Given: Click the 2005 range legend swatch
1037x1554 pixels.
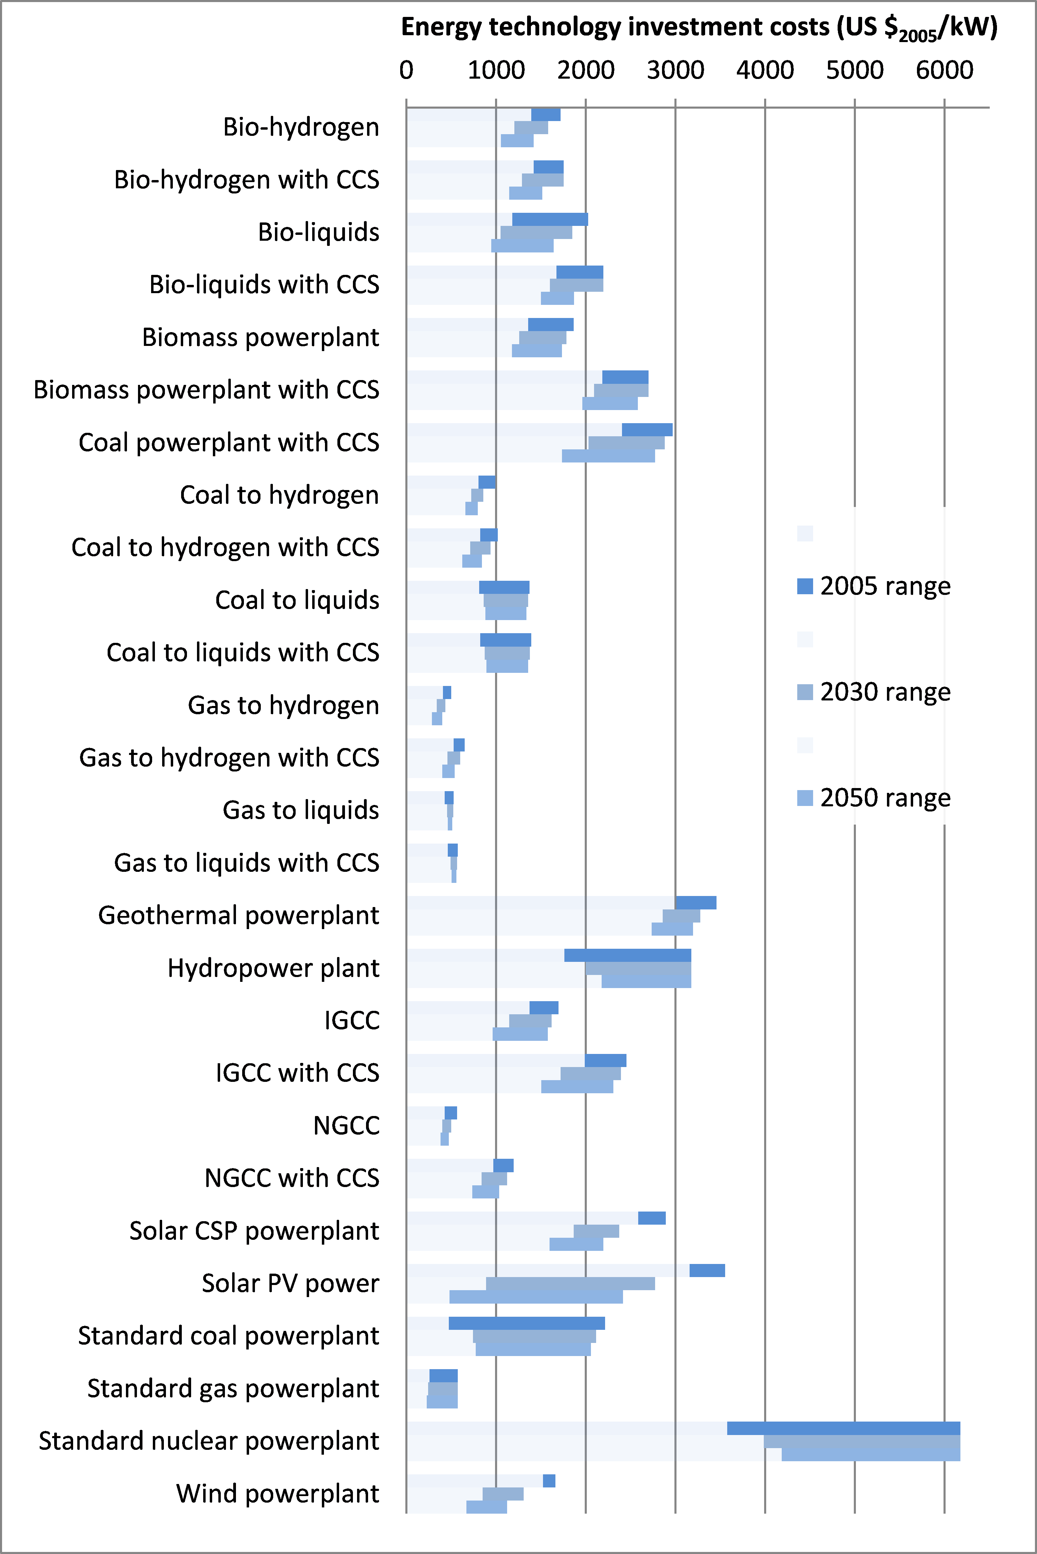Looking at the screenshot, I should [x=805, y=586].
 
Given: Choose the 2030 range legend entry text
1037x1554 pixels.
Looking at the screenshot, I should [x=885, y=692].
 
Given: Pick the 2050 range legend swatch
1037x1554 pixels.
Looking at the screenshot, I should [x=805, y=798].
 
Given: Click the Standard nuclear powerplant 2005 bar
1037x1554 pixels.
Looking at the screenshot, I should [x=843, y=1428].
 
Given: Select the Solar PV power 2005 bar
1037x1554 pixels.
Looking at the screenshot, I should [x=707, y=1271].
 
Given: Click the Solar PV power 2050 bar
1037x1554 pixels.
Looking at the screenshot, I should [x=536, y=1297].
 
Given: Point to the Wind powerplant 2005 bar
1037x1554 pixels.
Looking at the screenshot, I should [x=549, y=1481].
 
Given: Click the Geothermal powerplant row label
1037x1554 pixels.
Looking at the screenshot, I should [x=239, y=916].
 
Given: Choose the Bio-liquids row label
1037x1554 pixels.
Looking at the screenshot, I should [x=318, y=232].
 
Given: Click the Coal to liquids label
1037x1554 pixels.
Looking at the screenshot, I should [x=297, y=600].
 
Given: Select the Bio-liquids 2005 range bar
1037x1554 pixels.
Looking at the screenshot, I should [x=550, y=219].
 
